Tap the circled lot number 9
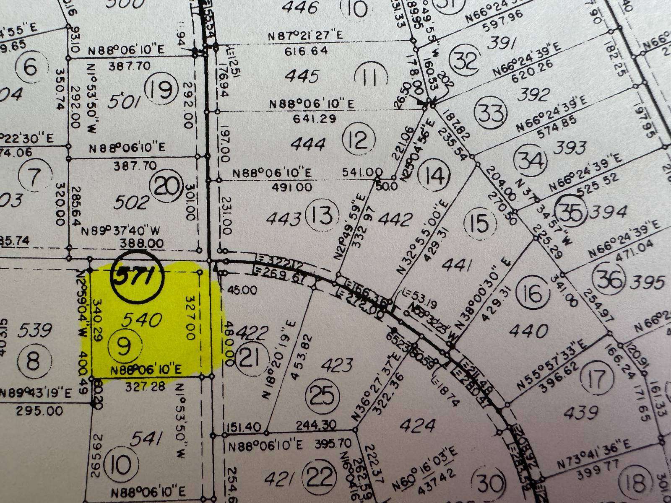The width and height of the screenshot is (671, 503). (125, 347)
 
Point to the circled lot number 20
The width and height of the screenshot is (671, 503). (167, 187)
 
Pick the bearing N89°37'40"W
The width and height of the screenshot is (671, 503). (122, 231)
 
